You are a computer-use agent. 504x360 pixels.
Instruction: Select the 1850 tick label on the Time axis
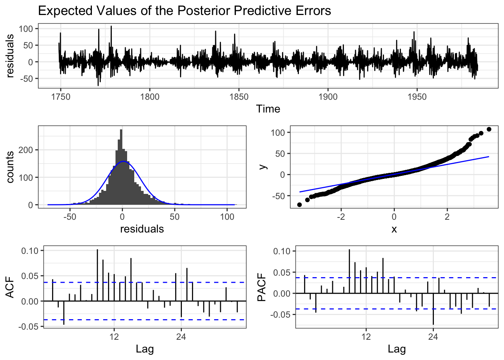(x=239, y=97)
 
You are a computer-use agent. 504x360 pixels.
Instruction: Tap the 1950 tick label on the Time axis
(x=417, y=97)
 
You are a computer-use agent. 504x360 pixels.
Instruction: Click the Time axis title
(x=268, y=109)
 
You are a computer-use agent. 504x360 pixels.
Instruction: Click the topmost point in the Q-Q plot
(x=489, y=129)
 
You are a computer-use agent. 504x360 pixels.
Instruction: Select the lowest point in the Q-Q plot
(x=299, y=204)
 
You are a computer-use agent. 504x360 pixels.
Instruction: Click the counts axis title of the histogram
(x=10, y=167)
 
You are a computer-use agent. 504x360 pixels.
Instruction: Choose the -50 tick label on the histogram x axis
(x=70, y=217)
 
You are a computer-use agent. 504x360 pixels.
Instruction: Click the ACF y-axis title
(x=10, y=287)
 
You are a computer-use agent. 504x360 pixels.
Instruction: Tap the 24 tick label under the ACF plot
(x=181, y=337)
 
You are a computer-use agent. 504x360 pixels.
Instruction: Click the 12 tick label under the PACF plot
(x=366, y=337)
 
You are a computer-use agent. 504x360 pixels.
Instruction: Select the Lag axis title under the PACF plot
(x=397, y=349)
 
